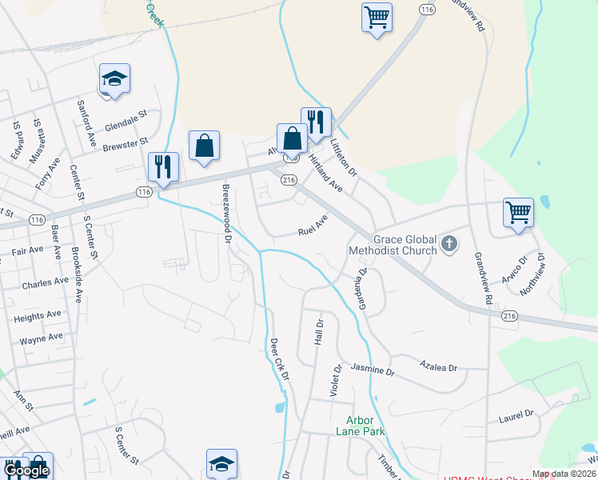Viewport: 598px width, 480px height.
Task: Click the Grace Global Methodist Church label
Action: pos(393,244)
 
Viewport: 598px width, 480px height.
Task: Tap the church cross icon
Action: pos(449,243)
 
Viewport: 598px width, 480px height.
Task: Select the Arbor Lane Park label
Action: pos(365,426)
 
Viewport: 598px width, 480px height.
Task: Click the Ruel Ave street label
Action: pos(313,226)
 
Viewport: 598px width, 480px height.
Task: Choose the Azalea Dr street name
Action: pos(439,367)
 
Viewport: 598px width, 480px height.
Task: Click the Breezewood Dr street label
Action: pos(227,214)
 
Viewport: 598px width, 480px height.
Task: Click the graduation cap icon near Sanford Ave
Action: pos(115,79)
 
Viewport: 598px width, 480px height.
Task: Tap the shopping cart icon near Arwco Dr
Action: pos(518,214)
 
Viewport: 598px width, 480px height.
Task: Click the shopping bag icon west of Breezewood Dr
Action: pos(205,146)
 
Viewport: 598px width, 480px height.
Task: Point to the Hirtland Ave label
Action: pos(325,175)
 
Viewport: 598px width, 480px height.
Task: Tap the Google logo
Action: pos(27,470)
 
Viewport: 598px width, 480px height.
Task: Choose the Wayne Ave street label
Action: pos(41,338)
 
